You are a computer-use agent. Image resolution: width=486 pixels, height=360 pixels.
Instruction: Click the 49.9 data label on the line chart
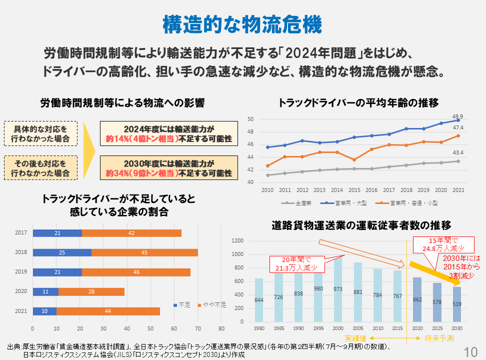[x=457, y=115]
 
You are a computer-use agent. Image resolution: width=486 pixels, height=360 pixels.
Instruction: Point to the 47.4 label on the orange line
[x=457, y=127]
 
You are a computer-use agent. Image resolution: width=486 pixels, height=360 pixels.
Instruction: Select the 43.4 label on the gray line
[x=457, y=152]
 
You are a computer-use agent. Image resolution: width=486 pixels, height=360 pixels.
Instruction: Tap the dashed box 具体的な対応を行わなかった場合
[x=41, y=133]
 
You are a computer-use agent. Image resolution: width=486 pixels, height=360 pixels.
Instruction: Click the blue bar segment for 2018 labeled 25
[x=62, y=252]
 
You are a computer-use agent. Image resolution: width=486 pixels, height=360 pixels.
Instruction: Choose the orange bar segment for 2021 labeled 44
[x=108, y=311]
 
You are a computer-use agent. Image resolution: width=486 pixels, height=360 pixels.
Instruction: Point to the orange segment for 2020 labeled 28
[x=91, y=291]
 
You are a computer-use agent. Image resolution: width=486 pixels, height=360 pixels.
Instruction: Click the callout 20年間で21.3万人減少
[x=296, y=264]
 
